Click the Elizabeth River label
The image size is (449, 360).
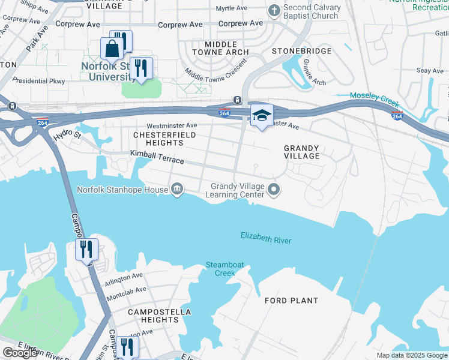pos(266,238)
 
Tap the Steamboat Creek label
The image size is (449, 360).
pos(221,269)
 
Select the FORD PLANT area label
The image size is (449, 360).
pos(291,301)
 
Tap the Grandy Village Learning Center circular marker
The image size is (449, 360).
pos(274,190)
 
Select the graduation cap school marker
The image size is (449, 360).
pos(262,115)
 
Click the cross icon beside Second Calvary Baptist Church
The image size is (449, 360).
pos(274,10)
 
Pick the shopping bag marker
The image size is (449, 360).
pos(112,49)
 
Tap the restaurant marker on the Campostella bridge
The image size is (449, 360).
pos(86,248)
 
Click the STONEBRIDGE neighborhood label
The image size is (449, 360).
pos(301,51)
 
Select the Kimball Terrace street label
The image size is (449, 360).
pos(157,157)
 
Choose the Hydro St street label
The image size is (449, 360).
pos(67,136)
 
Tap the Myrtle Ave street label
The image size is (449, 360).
pos(232,8)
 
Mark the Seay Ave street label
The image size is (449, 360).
pos(429,71)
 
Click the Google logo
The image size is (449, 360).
pos(20,353)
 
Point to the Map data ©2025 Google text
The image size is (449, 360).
pos(412,355)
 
